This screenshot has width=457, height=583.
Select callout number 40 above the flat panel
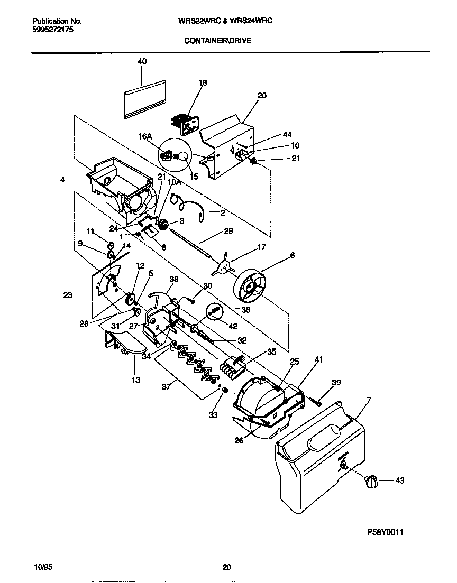(x=142, y=61)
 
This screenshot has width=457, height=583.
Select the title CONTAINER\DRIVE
(x=218, y=40)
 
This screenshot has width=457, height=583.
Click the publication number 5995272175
(x=52, y=31)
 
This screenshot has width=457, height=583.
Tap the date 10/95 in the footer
(x=42, y=567)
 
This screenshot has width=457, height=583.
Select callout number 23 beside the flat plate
(x=68, y=295)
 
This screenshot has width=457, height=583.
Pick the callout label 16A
(x=145, y=136)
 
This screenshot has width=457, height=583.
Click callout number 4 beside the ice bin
(x=62, y=180)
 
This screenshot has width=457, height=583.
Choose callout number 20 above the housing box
(x=262, y=96)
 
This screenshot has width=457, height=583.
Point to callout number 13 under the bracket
(x=136, y=380)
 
